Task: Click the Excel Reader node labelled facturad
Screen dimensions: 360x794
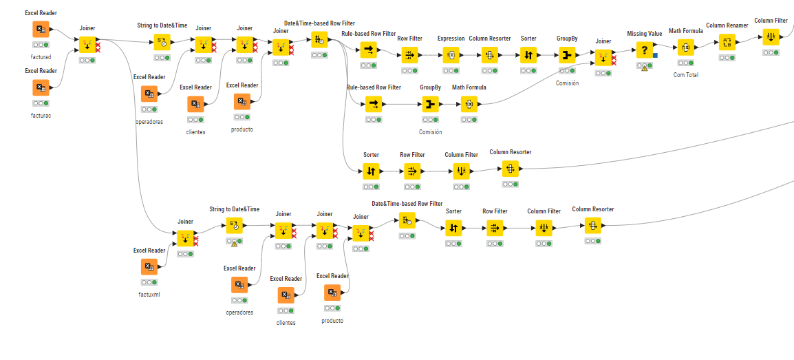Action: (x=41, y=29)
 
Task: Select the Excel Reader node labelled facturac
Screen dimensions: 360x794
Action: (x=41, y=87)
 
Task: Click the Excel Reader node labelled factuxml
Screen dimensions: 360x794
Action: (x=149, y=266)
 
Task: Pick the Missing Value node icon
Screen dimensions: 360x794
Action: (x=644, y=50)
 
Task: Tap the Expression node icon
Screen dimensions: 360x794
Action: (x=451, y=54)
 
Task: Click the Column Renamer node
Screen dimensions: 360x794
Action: (x=727, y=43)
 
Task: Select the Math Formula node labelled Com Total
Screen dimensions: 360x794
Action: (x=685, y=47)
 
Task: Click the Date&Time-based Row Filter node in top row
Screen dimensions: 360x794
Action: (x=319, y=39)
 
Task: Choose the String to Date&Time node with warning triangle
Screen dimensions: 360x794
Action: (x=235, y=225)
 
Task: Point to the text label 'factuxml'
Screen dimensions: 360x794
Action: (x=149, y=295)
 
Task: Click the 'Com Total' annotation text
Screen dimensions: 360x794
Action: (x=685, y=75)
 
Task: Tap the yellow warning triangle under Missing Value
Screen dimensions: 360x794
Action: (x=645, y=68)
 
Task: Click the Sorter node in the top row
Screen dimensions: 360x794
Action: (x=528, y=54)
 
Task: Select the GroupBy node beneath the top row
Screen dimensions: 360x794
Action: (x=431, y=104)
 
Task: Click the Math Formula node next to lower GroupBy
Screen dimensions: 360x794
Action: (x=469, y=104)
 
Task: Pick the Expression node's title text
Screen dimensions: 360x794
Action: (x=451, y=39)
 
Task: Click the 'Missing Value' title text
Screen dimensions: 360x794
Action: (x=645, y=34)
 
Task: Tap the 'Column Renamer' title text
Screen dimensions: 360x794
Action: (x=727, y=25)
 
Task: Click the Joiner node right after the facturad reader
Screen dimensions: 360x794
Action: (x=87, y=45)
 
